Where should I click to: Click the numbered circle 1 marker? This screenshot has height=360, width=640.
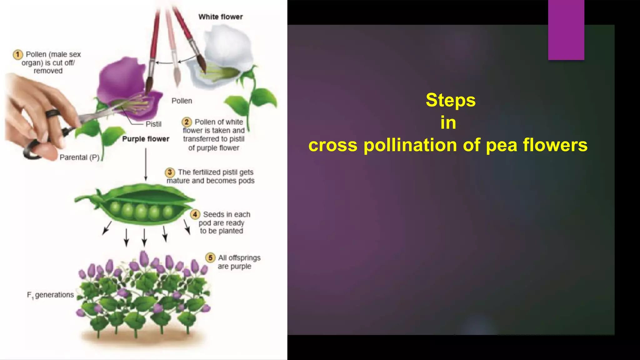click(x=18, y=54)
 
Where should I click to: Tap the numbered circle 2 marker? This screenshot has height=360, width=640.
click(x=187, y=122)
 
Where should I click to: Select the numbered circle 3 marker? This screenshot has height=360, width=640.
click(x=170, y=172)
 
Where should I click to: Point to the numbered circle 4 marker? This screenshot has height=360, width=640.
click(x=195, y=214)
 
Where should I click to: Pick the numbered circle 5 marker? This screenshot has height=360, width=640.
click(x=210, y=258)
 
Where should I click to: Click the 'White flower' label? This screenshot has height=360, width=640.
click(x=220, y=17)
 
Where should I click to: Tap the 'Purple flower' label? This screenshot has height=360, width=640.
click(x=146, y=139)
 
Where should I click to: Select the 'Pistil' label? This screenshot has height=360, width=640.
click(x=153, y=124)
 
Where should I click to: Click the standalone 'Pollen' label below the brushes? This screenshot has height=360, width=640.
click(x=182, y=101)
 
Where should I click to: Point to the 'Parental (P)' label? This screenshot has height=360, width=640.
click(x=79, y=157)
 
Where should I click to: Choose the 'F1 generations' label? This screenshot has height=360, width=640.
click(x=50, y=295)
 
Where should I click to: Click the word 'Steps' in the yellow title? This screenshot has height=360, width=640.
click(x=450, y=100)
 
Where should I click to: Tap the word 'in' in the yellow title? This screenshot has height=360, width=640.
click(x=448, y=122)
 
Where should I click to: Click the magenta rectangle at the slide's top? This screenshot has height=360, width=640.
click(x=566, y=30)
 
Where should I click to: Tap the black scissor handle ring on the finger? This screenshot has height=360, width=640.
click(x=53, y=113)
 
